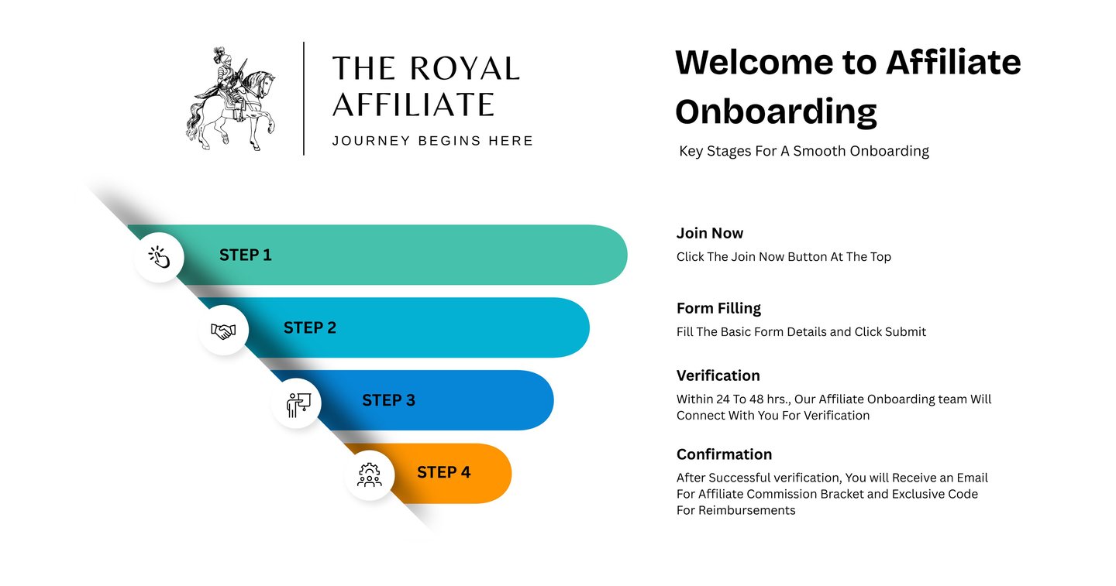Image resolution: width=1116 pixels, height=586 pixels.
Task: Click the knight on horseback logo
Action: tap(230, 98)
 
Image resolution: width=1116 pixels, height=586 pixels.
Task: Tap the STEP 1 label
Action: tap(245, 255)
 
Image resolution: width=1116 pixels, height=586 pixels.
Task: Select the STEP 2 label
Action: tap(310, 327)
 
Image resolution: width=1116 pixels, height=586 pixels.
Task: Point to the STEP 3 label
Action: tap(388, 400)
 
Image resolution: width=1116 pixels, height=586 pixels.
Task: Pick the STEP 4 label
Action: tap(443, 472)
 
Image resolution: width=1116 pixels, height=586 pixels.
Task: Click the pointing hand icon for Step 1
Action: tap(159, 257)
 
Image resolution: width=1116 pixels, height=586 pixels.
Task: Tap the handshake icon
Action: tap(223, 331)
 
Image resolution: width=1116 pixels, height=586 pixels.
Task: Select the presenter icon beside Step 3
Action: tap(297, 403)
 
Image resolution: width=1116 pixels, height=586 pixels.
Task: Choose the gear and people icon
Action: tap(370, 475)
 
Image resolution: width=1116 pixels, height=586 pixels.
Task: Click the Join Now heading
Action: tap(709, 233)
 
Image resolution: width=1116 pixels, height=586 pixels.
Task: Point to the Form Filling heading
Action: tap(718, 308)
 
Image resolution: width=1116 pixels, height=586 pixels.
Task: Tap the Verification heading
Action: tap(718, 375)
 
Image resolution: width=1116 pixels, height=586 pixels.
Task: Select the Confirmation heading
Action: tap(724, 454)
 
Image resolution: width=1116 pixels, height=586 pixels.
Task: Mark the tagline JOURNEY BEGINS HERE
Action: tap(432, 141)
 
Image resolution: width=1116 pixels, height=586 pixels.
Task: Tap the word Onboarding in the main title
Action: tap(776, 112)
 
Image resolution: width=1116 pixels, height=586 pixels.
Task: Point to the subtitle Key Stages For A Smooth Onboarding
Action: tap(804, 151)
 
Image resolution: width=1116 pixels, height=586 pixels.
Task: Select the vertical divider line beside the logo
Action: tap(304, 98)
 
